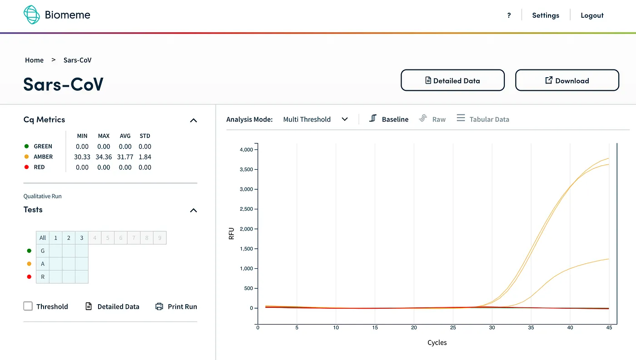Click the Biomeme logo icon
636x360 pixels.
[x=32, y=15]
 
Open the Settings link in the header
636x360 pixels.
[x=545, y=15]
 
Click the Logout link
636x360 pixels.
[x=592, y=15]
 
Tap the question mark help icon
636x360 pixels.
[x=509, y=15]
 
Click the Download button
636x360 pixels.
[x=567, y=80]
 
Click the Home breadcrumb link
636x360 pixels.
[x=34, y=60]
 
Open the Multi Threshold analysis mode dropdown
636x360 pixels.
[x=315, y=119]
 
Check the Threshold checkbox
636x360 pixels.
[x=28, y=306]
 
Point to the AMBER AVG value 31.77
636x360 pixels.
[x=125, y=157]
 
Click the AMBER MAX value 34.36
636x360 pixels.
[x=104, y=157]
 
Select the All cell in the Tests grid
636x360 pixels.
[x=43, y=237]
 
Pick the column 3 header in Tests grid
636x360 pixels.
[x=82, y=237]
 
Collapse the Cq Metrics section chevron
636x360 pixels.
[x=193, y=120]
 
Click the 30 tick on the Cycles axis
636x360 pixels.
[x=492, y=327]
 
